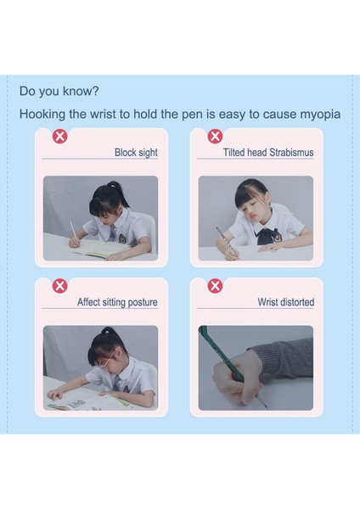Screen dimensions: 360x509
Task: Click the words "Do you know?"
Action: pos(59,92)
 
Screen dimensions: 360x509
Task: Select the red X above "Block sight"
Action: pos(60,137)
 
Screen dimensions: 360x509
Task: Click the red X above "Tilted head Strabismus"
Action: pos(215,136)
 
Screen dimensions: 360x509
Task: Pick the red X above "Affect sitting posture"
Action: pos(60,286)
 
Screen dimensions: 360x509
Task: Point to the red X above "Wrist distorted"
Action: pos(215,286)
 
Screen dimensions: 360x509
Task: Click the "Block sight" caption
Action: pos(136,153)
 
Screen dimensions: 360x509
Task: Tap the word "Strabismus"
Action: pos(291,152)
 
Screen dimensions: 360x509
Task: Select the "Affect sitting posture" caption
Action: pos(117,302)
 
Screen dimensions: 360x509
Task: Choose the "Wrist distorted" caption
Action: pos(286,302)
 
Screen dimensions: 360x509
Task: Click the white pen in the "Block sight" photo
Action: pos(73,231)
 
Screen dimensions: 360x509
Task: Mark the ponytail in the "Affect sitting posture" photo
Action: pos(110,333)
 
